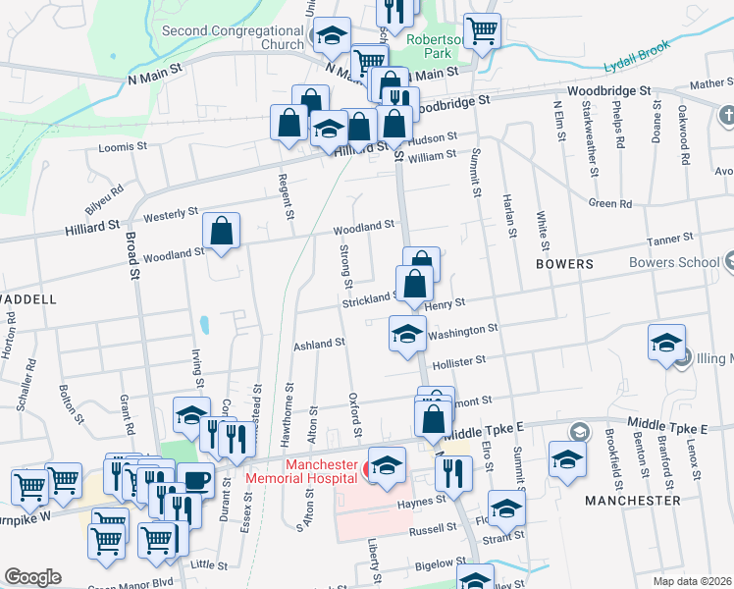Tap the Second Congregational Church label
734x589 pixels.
(233, 37)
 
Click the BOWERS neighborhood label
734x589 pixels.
(564, 264)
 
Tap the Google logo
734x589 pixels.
(32, 576)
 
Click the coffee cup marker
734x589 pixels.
(196, 479)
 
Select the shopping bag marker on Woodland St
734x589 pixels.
(222, 233)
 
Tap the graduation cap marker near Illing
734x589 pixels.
(666, 344)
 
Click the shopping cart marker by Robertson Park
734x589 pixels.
(482, 31)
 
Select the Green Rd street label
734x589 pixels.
(610, 203)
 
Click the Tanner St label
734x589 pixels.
(671, 238)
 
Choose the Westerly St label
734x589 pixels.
(171, 212)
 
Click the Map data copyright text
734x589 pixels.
(693, 580)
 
